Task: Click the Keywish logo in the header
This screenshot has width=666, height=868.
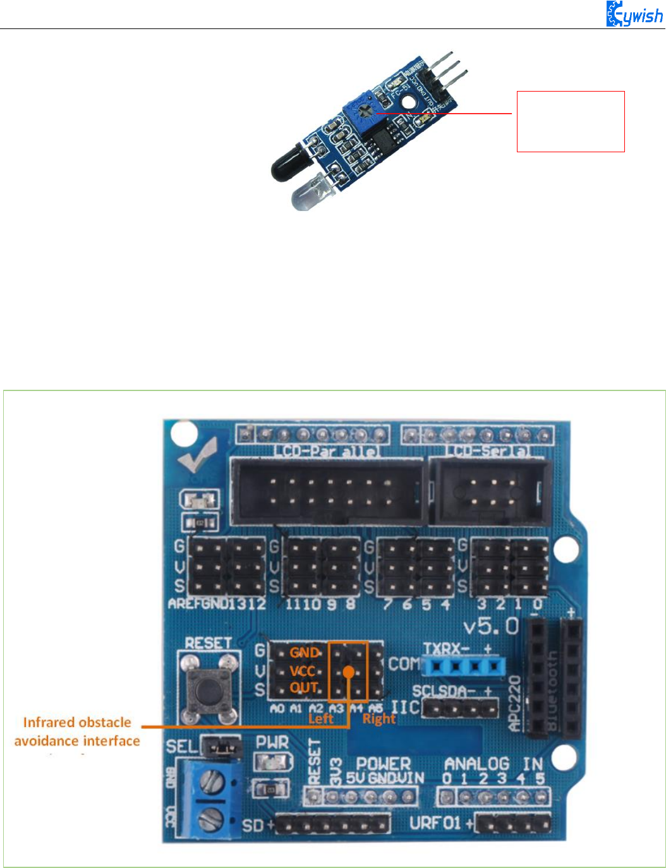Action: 634,14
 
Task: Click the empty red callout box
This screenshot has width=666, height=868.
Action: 571,121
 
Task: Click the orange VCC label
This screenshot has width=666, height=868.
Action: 303,671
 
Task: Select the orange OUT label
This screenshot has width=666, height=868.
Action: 304,687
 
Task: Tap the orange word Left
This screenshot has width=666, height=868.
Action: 320,719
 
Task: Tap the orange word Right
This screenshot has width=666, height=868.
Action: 378,719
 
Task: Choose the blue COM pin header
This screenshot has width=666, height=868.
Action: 464,665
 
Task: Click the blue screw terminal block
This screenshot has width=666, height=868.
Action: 209,799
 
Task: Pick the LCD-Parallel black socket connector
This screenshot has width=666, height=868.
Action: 327,491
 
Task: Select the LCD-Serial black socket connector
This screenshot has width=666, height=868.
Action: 490,491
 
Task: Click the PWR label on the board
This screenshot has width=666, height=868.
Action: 272,742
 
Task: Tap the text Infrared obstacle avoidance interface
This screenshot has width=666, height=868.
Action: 77,732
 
